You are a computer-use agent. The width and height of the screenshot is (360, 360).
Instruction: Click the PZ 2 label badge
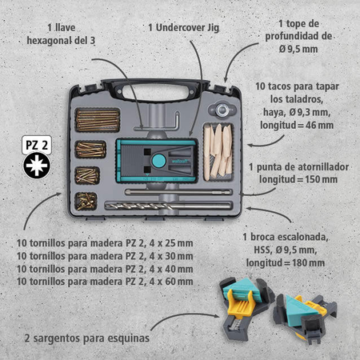(37, 146)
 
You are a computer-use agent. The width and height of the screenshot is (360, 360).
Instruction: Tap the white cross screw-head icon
(37, 166)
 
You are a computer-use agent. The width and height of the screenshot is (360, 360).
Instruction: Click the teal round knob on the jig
(159, 160)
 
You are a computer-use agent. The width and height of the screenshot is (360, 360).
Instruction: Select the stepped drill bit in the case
(169, 206)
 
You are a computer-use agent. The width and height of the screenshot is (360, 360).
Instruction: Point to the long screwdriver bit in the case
(178, 192)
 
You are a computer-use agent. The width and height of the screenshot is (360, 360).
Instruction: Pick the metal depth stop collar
(222, 110)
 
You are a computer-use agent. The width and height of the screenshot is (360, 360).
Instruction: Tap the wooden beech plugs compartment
(218, 152)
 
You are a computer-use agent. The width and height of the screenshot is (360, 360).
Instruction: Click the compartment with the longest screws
(98, 120)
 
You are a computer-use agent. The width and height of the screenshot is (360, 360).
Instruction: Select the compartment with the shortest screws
(86, 201)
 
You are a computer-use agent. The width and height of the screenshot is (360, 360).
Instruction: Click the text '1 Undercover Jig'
(184, 27)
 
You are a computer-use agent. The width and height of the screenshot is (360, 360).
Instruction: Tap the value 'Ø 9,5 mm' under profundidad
(298, 49)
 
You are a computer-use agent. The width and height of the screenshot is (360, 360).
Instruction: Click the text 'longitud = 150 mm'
(298, 179)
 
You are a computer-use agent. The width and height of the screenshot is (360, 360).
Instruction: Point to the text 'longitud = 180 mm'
(286, 263)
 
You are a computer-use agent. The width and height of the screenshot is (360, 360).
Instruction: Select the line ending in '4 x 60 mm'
(105, 282)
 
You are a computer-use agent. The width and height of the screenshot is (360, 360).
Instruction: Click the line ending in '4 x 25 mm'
(105, 243)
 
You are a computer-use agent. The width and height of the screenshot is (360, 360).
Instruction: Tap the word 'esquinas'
(128, 338)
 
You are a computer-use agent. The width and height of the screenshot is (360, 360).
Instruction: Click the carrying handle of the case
(156, 90)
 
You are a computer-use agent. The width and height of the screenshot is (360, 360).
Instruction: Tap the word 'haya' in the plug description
(274, 113)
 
